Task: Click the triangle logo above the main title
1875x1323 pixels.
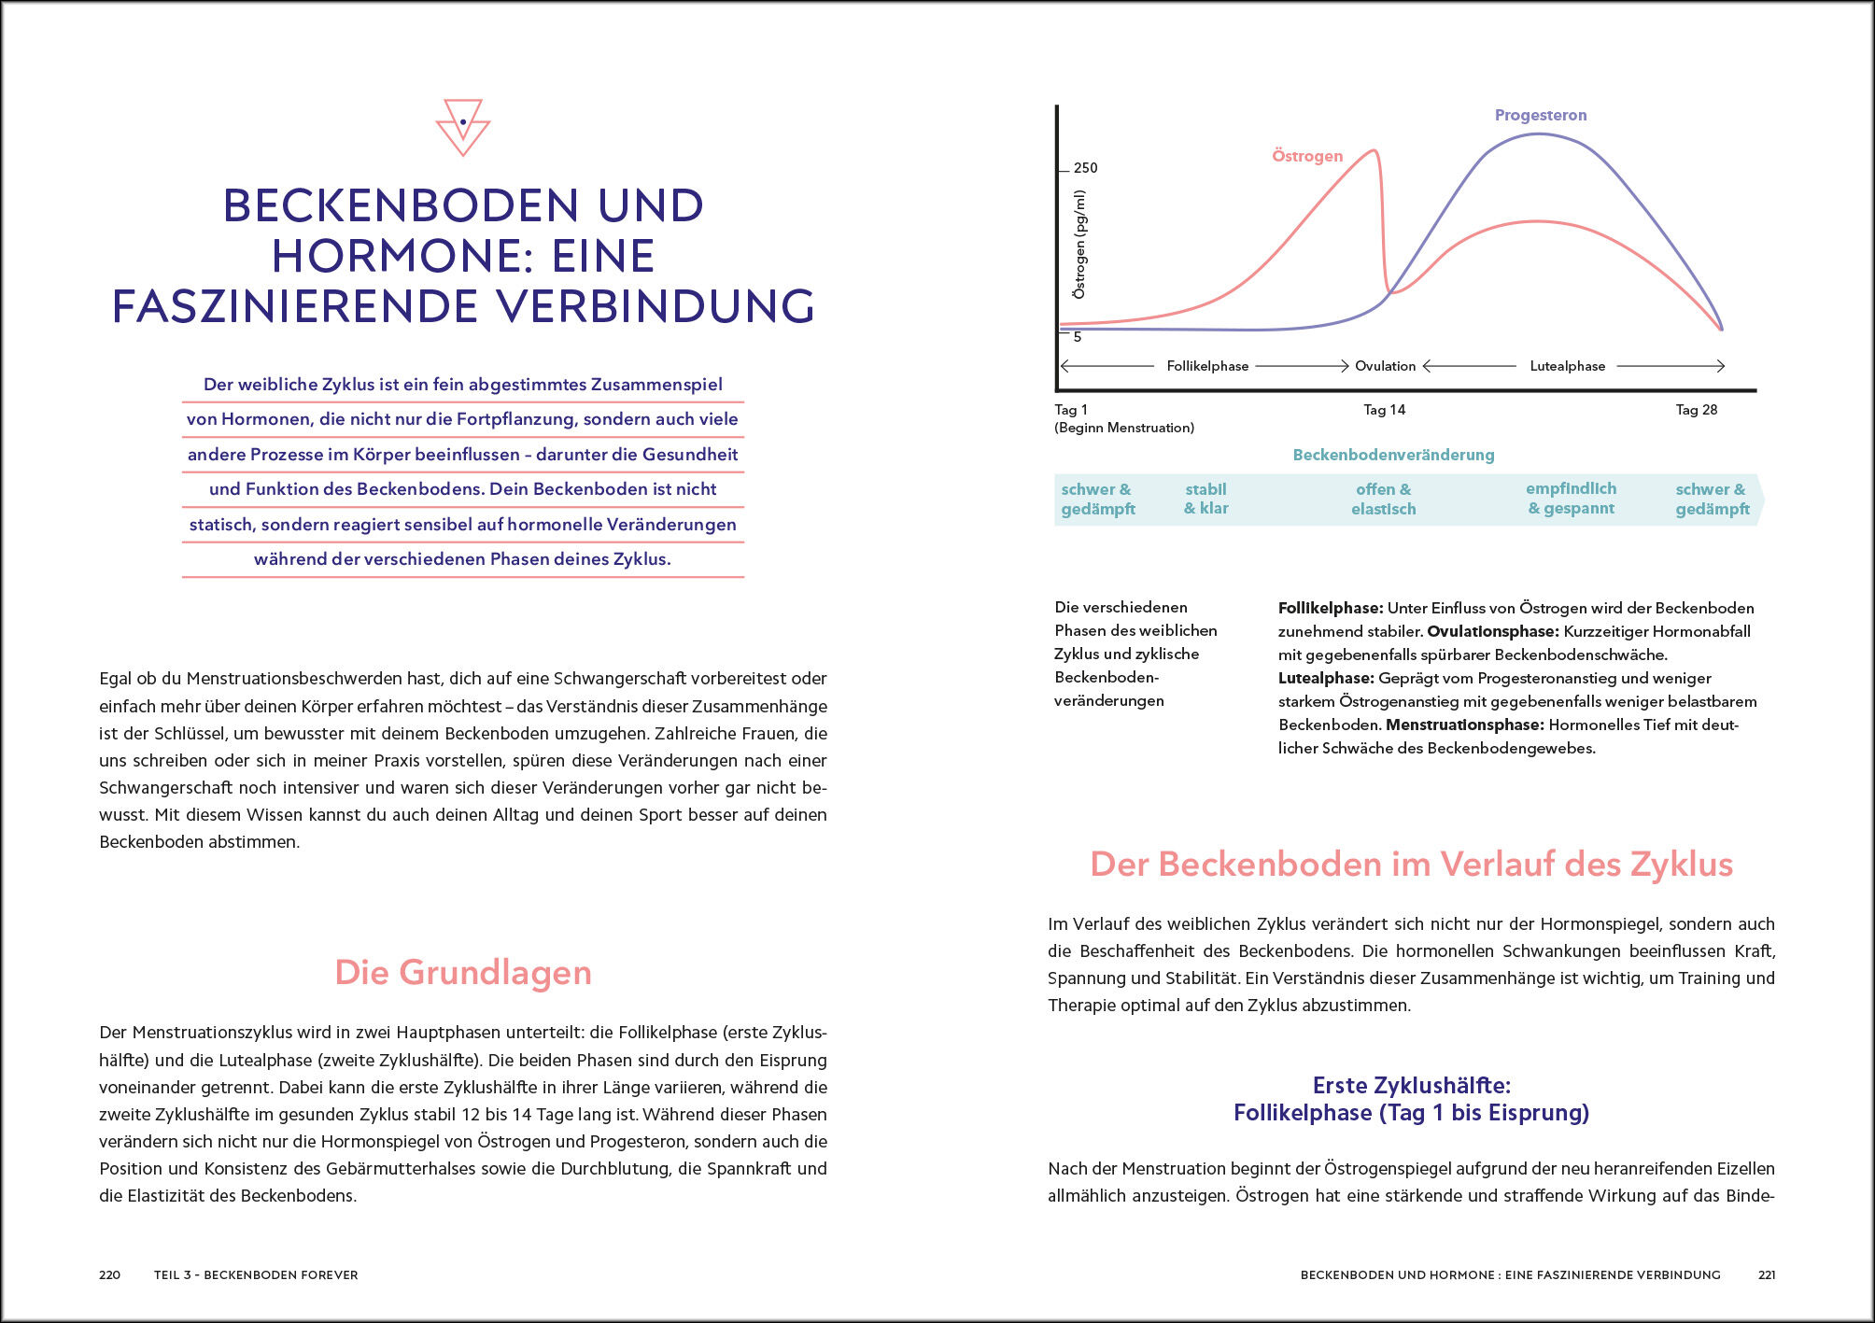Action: [463, 126]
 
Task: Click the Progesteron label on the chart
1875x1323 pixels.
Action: [1540, 115]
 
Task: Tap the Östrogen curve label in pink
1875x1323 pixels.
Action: [1306, 156]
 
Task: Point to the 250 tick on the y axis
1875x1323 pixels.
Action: [1085, 168]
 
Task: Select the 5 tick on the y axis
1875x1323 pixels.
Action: [1077, 336]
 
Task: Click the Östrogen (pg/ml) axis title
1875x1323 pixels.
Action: [1079, 245]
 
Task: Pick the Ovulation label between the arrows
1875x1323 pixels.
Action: [1385, 366]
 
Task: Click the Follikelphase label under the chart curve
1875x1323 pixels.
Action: [1206, 366]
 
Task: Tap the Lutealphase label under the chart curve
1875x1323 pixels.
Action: [1567, 366]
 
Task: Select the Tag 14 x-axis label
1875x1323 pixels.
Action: [1384, 410]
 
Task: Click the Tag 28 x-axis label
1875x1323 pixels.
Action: [1696, 410]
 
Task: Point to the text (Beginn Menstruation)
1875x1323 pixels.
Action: [1123, 428]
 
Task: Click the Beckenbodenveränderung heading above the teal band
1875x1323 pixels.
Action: [1393, 455]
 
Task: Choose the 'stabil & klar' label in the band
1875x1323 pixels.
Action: [1205, 499]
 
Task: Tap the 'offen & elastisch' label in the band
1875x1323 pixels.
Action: [1383, 499]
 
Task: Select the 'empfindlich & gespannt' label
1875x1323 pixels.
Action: [1571, 499]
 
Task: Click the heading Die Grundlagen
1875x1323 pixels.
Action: [463, 972]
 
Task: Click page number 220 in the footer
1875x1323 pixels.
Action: [109, 1274]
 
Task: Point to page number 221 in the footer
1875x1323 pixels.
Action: [1766, 1274]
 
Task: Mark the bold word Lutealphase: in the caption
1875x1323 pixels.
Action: [1325, 678]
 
